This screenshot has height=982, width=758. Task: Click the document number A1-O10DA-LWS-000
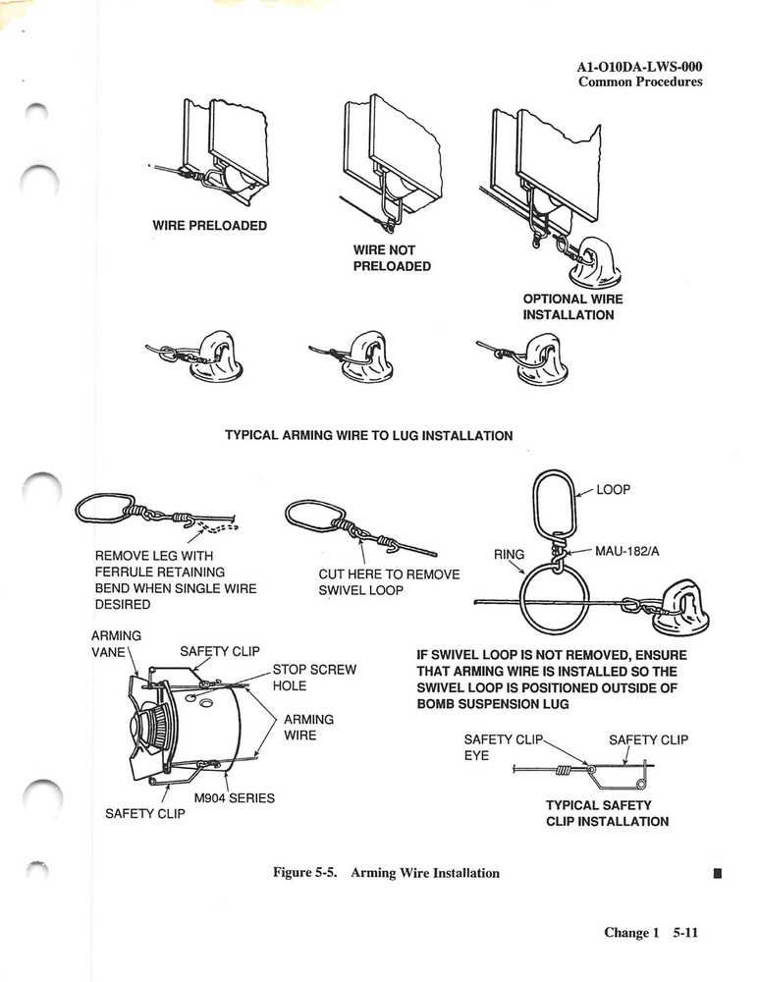pos(639,67)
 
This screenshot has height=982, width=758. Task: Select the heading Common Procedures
pos(640,82)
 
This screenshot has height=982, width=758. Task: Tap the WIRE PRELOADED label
pos(209,226)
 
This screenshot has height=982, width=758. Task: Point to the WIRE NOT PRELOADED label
pos(391,258)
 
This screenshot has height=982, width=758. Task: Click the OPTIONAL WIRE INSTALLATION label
pos(572,307)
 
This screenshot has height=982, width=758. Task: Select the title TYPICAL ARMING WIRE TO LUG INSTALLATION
pos(368,435)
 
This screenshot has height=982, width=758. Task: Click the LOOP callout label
pos(612,489)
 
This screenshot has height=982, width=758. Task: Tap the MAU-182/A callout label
pos(627,552)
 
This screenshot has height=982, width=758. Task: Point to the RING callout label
pos(509,555)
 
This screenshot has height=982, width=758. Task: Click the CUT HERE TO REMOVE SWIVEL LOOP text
pos(389,581)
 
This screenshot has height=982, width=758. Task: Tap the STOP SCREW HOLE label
pos(313,678)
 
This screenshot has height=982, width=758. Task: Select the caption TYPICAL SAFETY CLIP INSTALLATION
pos(607,813)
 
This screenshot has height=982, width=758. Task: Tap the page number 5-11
pos(684,934)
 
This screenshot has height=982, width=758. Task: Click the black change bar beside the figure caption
pos(718,872)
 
